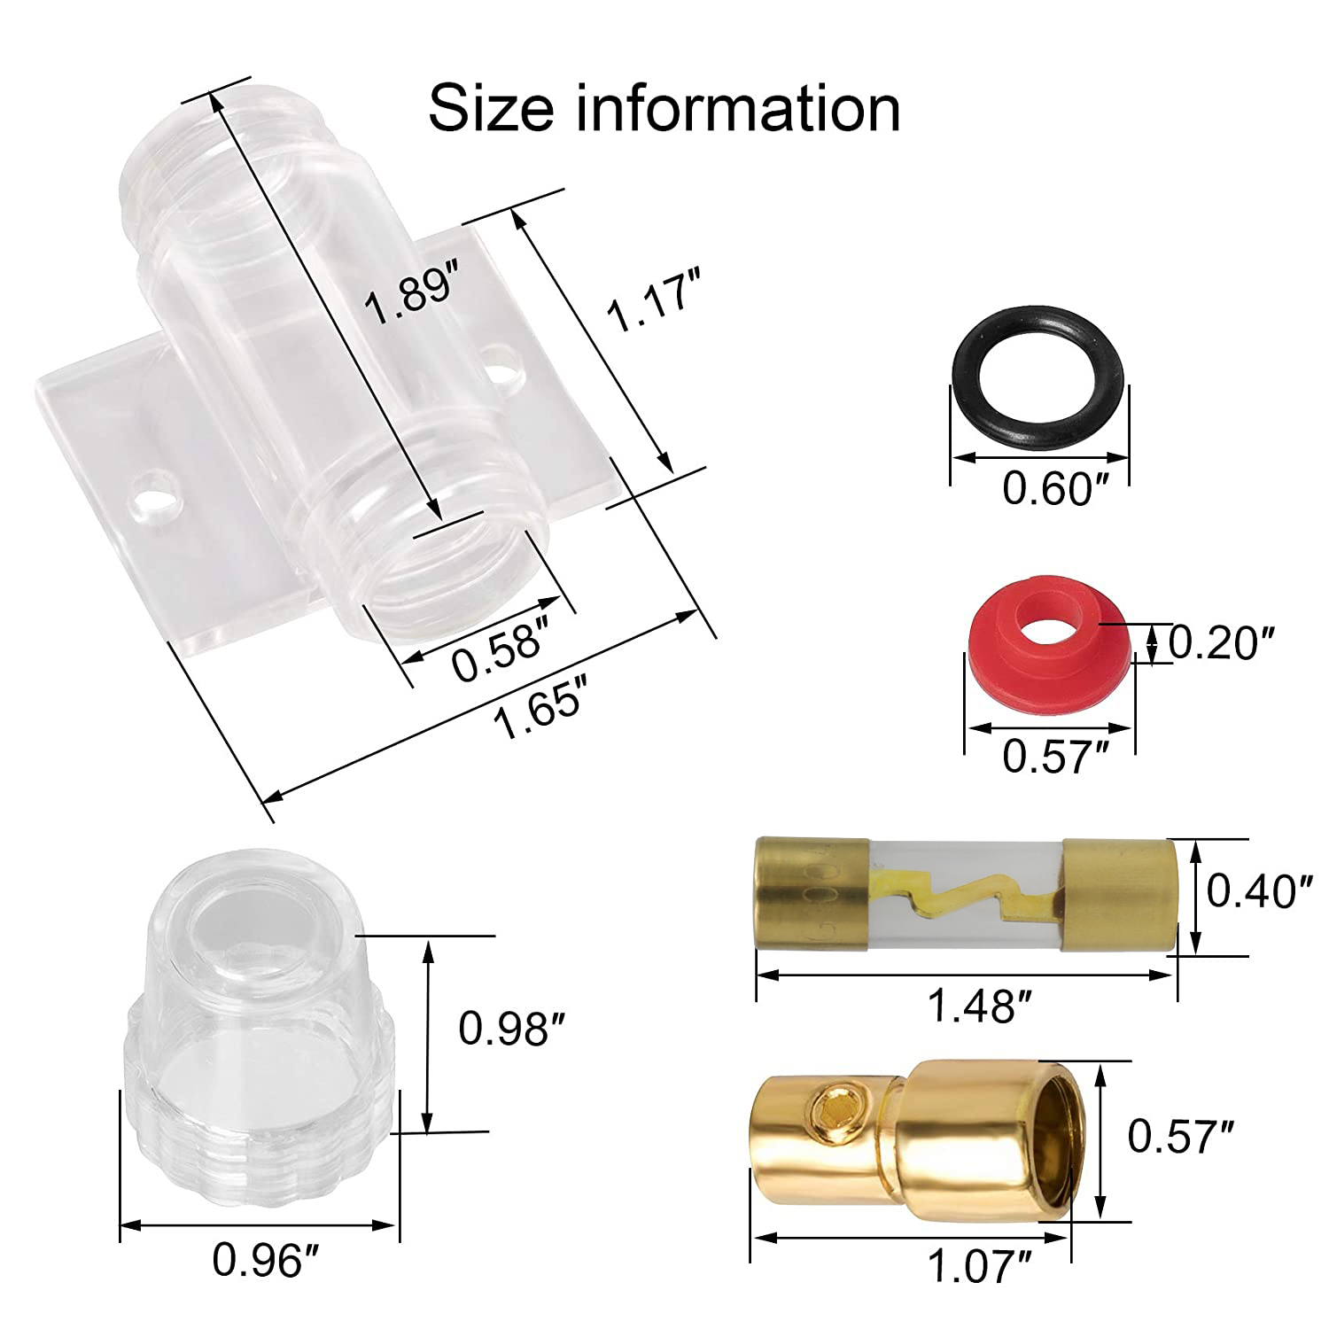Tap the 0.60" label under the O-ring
coord(1055,488)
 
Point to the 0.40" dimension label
coord(1258,890)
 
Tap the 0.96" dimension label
coord(265,1259)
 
